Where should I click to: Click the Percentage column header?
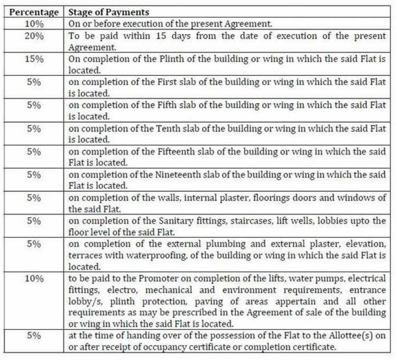tap(34, 12)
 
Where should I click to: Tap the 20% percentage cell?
tap(34, 36)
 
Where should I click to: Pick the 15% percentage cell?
tap(34, 59)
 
